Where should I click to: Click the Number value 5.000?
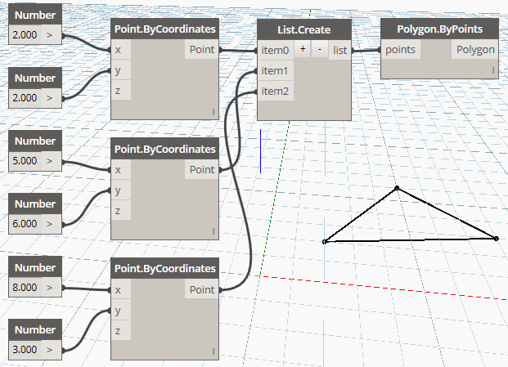(x=25, y=161)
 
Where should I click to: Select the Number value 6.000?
(x=25, y=224)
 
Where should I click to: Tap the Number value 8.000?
(x=25, y=287)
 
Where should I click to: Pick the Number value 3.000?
(x=25, y=350)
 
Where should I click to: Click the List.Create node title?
(x=303, y=29)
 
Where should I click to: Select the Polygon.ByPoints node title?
(x=439, y=29)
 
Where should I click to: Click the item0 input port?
(x=275, y=50)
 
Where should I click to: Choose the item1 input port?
(x=275, y=70)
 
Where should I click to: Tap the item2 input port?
(x=275, y=92)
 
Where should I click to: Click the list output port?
(x=339, y=50)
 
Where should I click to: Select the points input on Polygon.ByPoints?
(x=401, y=50)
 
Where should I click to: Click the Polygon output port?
(x=475, y=50)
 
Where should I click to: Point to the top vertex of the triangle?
(x=397, y=188)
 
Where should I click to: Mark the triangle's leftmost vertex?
(x=324, y=242)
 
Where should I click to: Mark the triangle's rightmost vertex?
(x=496, y=239)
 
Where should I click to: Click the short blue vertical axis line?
(x=260, y=151)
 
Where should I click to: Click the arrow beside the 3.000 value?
(x=49, y=350)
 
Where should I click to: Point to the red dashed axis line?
(x=384, y=288)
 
